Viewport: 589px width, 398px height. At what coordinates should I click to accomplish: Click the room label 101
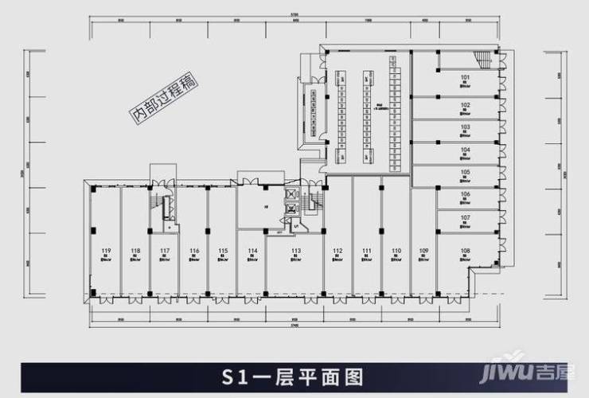tap(466, 77)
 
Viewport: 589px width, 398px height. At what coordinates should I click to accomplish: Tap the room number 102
tap(466, 104)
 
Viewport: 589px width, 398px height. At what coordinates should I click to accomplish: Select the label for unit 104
tap(466, 149)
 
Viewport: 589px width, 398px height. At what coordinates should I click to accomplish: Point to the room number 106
tap(466, 194)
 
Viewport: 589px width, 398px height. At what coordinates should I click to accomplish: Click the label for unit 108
tap(466, 251)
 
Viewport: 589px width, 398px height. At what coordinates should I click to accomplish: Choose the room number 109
tap(423, 251)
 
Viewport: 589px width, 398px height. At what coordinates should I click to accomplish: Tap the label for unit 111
tap(367, 251)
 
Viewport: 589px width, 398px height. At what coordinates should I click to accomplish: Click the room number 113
tap(296, 251)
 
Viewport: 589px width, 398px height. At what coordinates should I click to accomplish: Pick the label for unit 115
tap(223, 251)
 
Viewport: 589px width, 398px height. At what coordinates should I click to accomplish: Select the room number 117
tap(165, 251)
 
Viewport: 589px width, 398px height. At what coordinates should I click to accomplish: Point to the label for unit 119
tap(106, 251)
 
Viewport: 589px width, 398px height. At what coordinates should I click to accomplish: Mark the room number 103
tap(466, 127)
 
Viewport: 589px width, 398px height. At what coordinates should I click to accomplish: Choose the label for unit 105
tap(466, 172)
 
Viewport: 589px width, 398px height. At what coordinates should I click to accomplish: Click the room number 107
tap(466, 217)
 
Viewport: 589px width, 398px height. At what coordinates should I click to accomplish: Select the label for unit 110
tap(396, 251)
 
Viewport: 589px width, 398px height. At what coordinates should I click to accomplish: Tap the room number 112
tap(337, 251)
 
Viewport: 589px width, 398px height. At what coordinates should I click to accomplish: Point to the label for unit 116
tap(194, 251)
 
